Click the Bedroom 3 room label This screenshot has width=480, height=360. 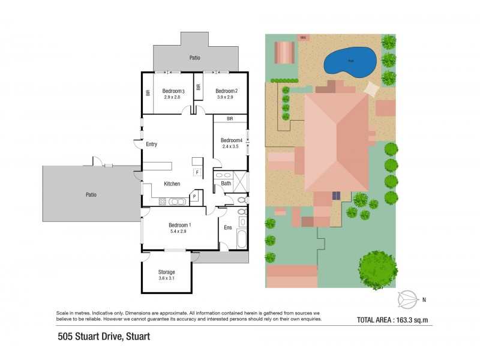click(x=173, y=91)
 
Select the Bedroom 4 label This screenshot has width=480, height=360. click(x=230, y=140)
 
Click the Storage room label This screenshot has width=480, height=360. click(x=167, y=272)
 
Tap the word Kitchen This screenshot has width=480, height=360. click(x=172, y=184)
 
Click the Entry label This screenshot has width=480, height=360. click(x=152, y=145)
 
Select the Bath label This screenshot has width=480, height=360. click(x=226, y=184)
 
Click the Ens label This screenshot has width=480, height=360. click(x=228, y=227)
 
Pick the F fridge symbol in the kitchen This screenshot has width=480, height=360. click(x=196, y=172)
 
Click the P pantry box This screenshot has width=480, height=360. click(x=194, y=196)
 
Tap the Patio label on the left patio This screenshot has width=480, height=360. click(x=91, y=194)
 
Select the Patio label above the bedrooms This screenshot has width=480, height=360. click(x=194, y=58)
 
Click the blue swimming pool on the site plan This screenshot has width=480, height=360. click(x=350, y=61)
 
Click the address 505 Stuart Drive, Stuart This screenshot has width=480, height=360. click(x=103, y=337)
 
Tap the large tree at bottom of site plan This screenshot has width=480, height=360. click(x=377, y=269)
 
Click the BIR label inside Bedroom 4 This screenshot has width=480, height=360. click(x=230, y=119)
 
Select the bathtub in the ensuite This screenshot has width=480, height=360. click(x=242, y=239)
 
